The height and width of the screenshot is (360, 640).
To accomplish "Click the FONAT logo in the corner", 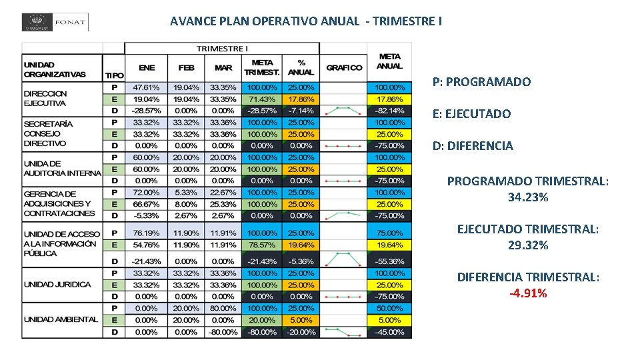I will [x=55, y=22].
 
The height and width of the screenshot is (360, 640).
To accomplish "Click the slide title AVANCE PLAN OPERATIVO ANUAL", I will [x=305, y=21].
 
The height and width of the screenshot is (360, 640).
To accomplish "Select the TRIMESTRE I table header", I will [x=222, y=49].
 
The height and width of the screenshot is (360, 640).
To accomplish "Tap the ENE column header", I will [x=147, y=68].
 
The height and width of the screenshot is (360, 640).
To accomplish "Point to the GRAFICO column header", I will [x=344, y=68].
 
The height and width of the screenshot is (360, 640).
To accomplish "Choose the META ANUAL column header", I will [x=389, y=61].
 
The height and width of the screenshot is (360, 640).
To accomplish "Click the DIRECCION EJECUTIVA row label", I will [x=45, y=99].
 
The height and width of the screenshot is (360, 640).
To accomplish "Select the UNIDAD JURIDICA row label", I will [x=57, y=285].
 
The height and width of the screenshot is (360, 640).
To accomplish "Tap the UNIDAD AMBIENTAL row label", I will [x=61, y=320].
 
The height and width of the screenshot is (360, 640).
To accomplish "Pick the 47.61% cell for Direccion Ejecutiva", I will [x=147, y=87].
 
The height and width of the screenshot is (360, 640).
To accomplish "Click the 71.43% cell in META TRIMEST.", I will [x=262, y=99].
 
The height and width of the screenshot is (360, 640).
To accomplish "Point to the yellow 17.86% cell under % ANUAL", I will [x=301, y=99].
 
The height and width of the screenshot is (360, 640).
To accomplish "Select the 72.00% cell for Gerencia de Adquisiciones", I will [x=147, y=193].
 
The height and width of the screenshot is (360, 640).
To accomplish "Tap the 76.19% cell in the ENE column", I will [x=147, y=233].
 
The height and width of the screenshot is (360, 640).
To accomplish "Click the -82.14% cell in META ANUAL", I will [x=389, y=111].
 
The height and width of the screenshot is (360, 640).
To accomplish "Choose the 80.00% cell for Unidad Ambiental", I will [x=223, y=309].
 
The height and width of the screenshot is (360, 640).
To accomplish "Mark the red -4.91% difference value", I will [x=527, y=293].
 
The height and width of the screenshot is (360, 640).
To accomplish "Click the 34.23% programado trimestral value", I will [x=527, y=197].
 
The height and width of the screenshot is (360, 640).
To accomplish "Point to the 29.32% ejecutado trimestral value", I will [x=527, y=245].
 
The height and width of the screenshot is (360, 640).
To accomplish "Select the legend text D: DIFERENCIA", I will [x=473, y=145].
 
